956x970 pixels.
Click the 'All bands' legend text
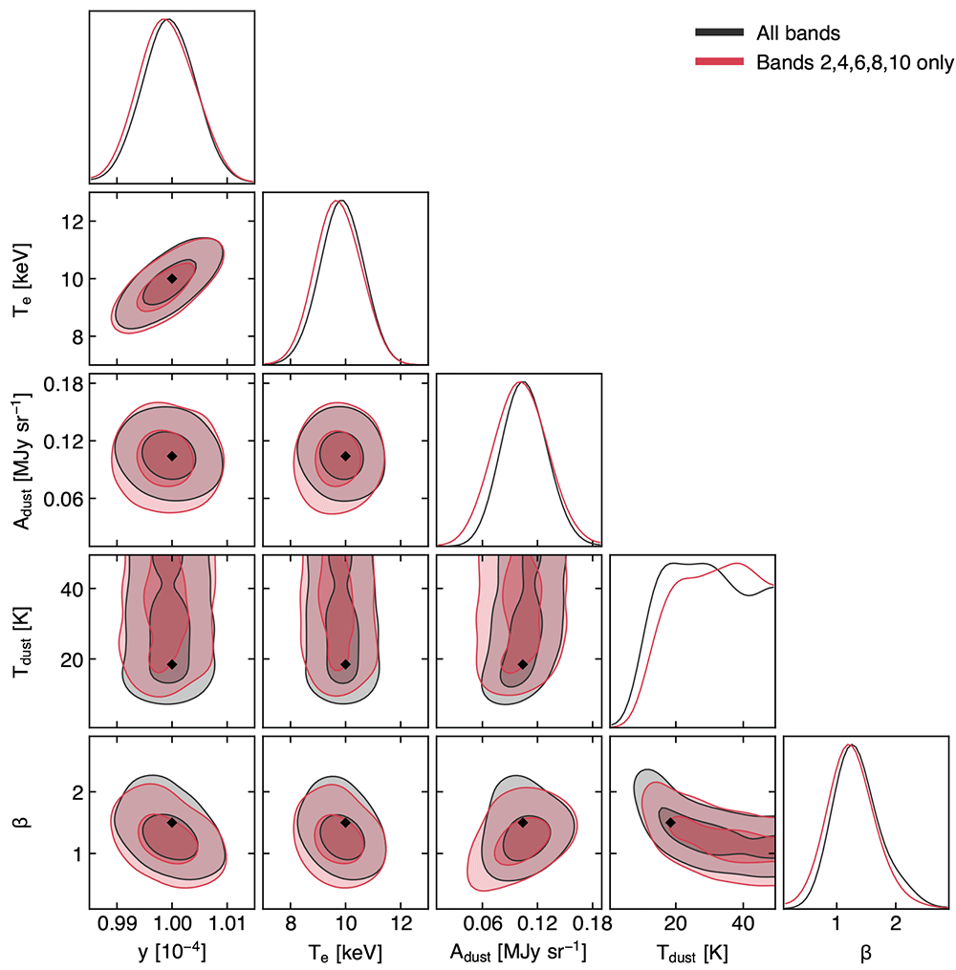tap(797, 32)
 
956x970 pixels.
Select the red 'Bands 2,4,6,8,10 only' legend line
tap(720, 61)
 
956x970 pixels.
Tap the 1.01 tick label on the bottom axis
tap(228, 924)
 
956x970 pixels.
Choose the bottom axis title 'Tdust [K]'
tap(692, 954)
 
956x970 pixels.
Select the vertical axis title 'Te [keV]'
tap(22, 279)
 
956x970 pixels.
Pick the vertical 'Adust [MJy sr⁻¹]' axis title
tap(22, 460)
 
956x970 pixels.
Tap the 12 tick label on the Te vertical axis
tap(73, 222)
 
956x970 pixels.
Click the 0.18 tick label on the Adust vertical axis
tap(63, 384)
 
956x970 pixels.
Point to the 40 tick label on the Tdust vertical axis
tap(73, 589)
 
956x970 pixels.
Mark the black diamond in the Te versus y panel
tap(172, 278)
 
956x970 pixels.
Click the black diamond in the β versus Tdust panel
tap(670, 823)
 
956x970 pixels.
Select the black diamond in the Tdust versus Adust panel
tap(523, 664)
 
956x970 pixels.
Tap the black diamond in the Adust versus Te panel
tap(345, 456)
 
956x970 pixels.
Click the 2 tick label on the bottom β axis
tap(896, 924)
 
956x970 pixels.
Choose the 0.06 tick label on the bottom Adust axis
tap(483, 924)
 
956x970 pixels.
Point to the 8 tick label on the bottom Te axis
tap(291, 924)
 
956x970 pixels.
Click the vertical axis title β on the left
tap(24, 822)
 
